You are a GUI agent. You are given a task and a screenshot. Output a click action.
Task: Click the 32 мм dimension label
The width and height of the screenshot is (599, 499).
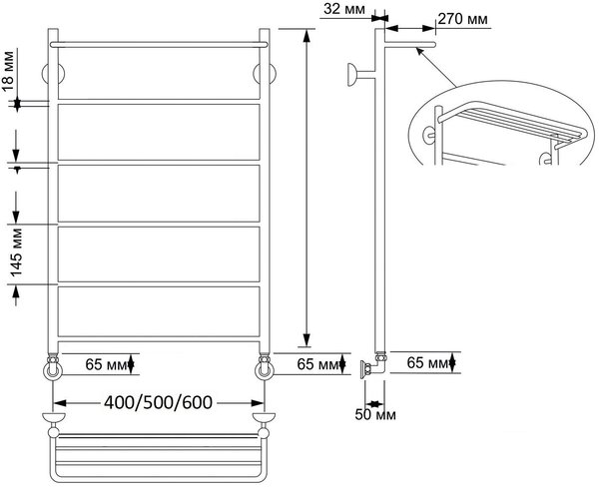click(343, 8)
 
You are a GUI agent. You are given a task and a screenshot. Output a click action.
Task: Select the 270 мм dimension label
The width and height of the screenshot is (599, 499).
click(462, 19)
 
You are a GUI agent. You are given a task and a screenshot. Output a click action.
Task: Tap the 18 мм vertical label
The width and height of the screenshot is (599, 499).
click(8, 71)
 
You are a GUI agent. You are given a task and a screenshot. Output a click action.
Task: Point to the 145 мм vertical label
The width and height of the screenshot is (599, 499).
click(16, 252)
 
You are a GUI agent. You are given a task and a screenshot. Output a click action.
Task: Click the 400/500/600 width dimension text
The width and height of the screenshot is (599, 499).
click(158, 403)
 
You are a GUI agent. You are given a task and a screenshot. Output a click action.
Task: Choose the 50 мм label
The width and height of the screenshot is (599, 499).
click(375, 414)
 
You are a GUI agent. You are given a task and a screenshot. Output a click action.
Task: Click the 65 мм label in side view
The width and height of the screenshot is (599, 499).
click(427, 362)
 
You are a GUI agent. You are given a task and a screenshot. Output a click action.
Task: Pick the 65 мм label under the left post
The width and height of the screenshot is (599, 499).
click(106, 364)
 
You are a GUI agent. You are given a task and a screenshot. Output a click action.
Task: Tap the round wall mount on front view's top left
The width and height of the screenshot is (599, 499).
click(53, 73)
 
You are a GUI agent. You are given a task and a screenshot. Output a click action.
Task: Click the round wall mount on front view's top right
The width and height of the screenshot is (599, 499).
click(265, 73)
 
